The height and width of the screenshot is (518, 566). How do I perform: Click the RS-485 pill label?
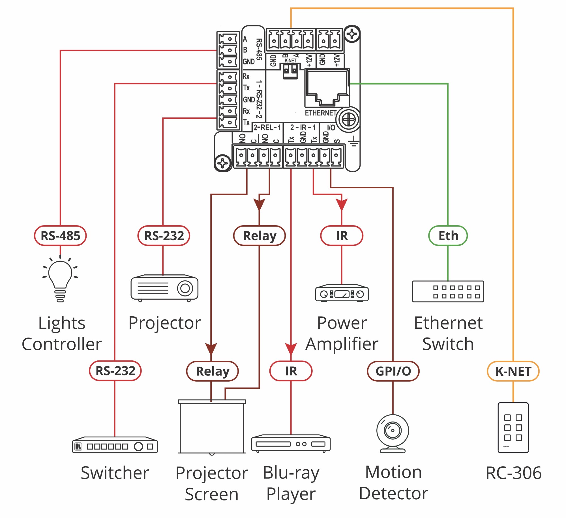[60, 236]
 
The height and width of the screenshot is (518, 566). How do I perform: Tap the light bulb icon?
[60, 279]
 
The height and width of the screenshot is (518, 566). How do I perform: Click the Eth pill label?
[448, 236]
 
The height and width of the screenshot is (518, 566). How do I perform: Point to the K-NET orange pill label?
[513, 371]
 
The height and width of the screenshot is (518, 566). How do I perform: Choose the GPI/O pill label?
[393, 371]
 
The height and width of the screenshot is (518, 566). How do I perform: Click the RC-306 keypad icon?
[513, 427]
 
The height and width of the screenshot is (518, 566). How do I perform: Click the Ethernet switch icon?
[448, 291]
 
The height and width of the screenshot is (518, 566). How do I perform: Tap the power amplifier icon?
[342, 293]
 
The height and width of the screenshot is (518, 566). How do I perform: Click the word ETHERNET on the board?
[321, 113]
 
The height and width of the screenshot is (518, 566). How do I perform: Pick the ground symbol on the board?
[353, 141]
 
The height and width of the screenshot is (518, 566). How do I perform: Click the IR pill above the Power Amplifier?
[342, 236]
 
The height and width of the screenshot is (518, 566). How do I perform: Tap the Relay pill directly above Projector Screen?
[212, 371]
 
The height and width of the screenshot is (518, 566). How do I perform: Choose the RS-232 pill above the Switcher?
[115, 371]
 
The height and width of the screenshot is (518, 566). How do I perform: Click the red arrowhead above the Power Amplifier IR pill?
[342, 204]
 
